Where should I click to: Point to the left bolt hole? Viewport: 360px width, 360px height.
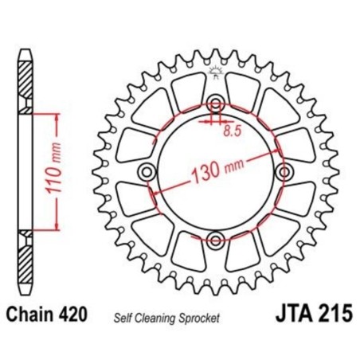(146, 171)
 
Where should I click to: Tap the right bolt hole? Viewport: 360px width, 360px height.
(283, 171)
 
